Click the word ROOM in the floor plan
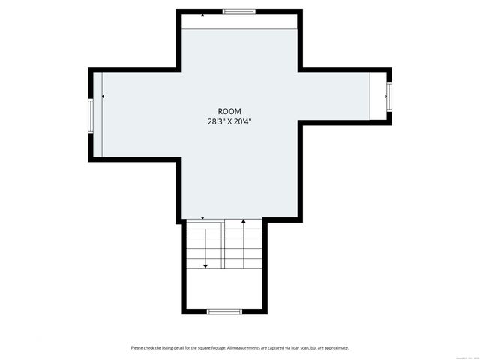click(229, 111)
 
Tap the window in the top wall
click(238, 12)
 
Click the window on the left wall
click(90, 115)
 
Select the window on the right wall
click(388, 94)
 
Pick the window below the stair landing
click(224, 311)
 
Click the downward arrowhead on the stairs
click(205, 265)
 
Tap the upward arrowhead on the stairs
click(244, 222)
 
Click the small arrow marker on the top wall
click(202, 14)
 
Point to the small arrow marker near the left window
click(103, 97)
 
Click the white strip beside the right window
click(378, 94)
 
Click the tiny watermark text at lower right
click(452, 347)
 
